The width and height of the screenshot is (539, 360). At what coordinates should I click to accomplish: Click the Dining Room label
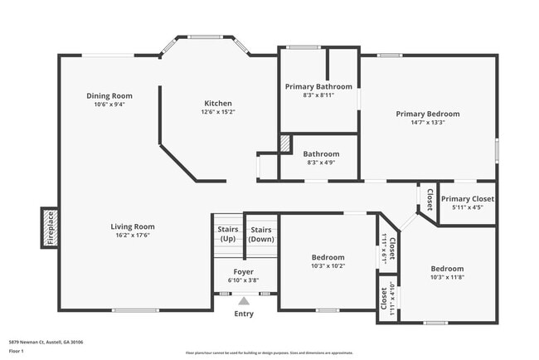pyautogui.click(x=109, y=96)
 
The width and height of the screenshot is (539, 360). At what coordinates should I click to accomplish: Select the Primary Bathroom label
pyautogui.click(x=318, y=86)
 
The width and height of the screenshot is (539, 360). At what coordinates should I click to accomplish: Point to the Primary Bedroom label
pyautogui.click(x=427, y=114)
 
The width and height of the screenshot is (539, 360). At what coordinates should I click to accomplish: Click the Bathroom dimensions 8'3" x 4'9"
pyautogui.click(x=320, y=163)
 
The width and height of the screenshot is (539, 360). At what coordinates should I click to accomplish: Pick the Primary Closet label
pyautogui.click(x=467, y=199)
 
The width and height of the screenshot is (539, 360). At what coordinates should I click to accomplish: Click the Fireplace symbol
pyautogui.click(x=50, y=227)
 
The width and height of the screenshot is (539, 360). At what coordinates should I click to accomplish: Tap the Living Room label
pyautogui.click(x=133, y=226)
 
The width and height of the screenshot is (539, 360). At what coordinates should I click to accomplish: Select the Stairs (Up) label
pyautogui.click(x=227, y=234)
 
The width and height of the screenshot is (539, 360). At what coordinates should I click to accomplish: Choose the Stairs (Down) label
pyautogui.click(x=262, y=234)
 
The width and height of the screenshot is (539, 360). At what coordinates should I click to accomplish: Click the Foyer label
pyautogui.click(x=243, y=272)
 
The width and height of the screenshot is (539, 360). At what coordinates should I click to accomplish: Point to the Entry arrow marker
pyautogui.click(x=244, y=302)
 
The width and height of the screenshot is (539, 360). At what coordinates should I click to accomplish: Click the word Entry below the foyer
pyautogui.click(x=244, y=314)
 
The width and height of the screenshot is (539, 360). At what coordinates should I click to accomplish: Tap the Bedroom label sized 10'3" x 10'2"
pyautogui.click(x=328, y=257)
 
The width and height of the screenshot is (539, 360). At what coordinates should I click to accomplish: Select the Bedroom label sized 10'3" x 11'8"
pyautogui.click(x=446, y=269)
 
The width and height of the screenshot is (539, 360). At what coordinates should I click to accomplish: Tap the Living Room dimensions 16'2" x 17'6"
pyautogui.click(x=133, y=236)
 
